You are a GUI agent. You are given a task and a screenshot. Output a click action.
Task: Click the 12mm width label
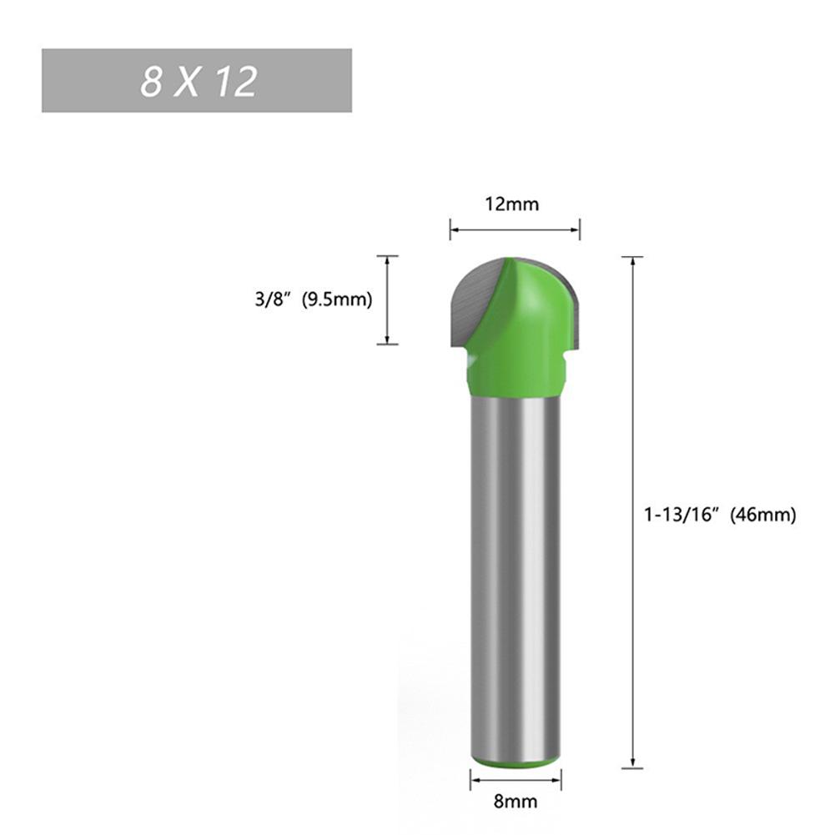tap(515, 204)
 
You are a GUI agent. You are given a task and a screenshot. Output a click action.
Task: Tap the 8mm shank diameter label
tap(515, 802)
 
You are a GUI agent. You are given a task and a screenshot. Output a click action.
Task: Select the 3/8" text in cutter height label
tap(273, 299)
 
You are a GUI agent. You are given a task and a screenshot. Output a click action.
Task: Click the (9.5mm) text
tap(336, 299)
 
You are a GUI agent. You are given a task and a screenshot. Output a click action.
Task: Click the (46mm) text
tap(763, 516)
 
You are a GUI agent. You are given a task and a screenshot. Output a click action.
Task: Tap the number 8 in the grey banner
tap(150, 82)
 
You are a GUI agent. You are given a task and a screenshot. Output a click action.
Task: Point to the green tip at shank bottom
tap(515, 761)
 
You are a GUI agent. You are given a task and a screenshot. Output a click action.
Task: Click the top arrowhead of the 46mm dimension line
tap(633, 261)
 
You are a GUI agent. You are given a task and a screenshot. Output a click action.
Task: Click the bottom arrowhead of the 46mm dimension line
tap(633, 762)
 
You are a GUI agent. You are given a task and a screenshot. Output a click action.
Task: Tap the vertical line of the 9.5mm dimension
tap(387, 300)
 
